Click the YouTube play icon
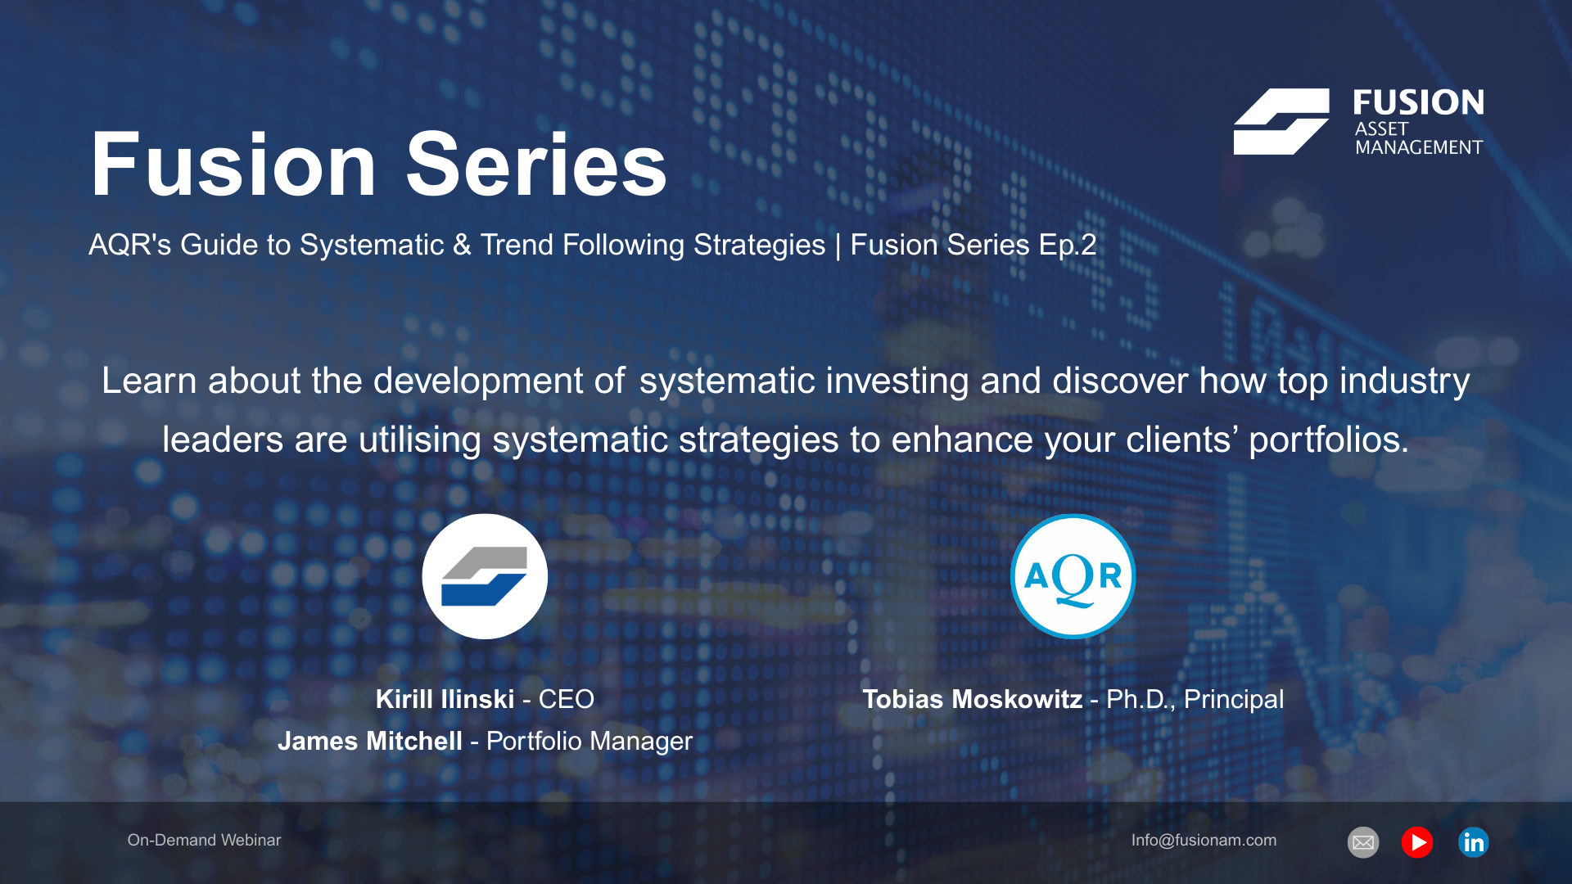[1417, 842]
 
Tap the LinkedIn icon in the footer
[1473, 842]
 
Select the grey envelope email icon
[1363, 842]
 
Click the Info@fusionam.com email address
[1204, 840]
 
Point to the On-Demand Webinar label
[204, 840]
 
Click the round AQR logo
[1073, 576]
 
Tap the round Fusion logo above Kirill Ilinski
[485, 576]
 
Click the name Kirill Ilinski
[445, 699]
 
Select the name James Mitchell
[370, 741]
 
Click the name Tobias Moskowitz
[972, 699]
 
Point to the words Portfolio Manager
[589, 741]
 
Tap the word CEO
[566, 699]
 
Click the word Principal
[1234, 699]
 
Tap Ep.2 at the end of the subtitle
[1068, 245]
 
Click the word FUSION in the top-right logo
[1418, 102]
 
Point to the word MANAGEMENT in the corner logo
[1419, 147]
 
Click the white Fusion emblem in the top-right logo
[1281, 121]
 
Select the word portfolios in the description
[1328, 440]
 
